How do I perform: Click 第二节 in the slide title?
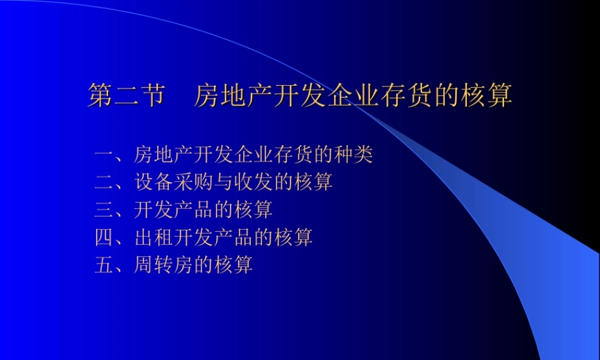click(x=125, y=96)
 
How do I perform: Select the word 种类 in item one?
click(x=353, y=155)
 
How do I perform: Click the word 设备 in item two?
click(x=154, y=182)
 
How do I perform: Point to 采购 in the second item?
click(x=194, y=182)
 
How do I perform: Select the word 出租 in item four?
click(x=154, y=237)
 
